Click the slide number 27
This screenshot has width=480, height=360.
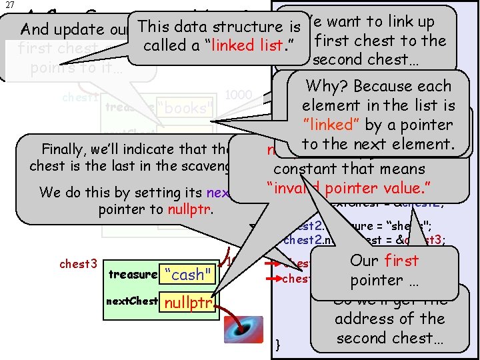tap(7, 5)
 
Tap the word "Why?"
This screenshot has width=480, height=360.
tap(325, 86)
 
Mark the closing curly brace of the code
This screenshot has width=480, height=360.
tap(277, 345)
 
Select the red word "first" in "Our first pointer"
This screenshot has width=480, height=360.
tap(401, 261)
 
